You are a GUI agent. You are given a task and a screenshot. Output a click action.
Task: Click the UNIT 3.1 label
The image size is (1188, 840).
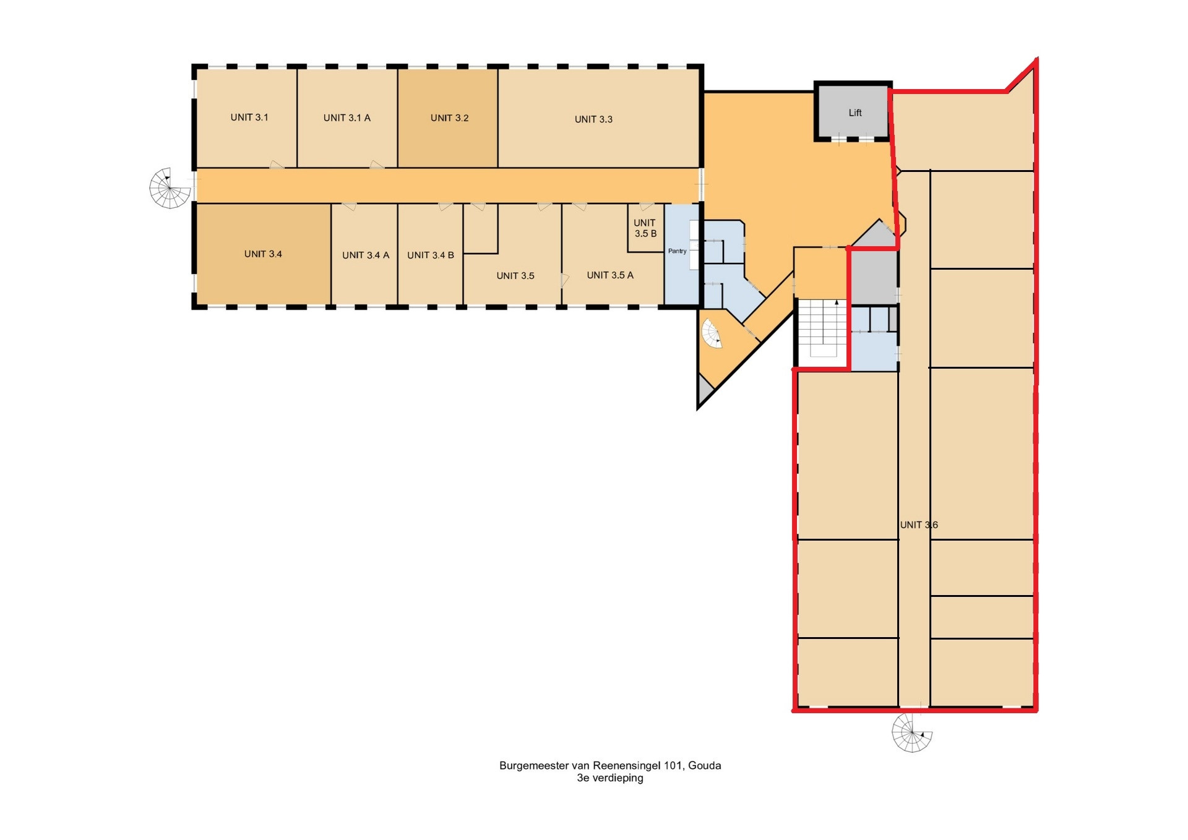coord(249,118)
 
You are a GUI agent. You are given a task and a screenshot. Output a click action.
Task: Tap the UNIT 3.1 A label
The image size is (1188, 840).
coord(347,118)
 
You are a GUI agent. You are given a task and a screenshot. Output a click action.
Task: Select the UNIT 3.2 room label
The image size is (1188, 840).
coord(450,118)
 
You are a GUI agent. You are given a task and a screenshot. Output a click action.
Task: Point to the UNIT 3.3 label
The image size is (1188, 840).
coord(594,119)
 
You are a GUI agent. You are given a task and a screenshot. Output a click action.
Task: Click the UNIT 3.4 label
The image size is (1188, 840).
coord(263,254)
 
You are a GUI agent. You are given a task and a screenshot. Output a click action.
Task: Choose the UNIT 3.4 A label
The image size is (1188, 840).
coord(366,255)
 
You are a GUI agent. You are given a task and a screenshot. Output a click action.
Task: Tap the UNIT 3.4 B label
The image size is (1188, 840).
coord(431,255)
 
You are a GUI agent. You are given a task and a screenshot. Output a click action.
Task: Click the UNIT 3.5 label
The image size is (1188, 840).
coord(515,276)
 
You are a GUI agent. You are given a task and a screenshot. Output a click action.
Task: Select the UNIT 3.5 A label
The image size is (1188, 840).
coord(610,275)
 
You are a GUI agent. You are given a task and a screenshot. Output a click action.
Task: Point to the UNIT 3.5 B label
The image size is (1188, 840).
coord(645,228)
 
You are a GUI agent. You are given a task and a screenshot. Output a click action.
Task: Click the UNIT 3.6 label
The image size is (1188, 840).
coord(919,525)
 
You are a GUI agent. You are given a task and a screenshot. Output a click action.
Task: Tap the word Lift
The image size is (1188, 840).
coord(855,113)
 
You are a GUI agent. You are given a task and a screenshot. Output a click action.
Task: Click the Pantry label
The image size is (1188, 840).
coord(678,251)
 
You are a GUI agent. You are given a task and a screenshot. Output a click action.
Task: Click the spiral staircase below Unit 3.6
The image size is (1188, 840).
coord(912,732)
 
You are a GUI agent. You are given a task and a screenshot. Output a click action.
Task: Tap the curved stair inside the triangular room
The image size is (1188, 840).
coord(712,335)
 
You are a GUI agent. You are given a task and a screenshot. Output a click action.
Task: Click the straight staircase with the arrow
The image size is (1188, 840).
coord(822,329)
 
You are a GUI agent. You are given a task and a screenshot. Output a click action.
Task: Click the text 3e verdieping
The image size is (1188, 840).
coord(610,779)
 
